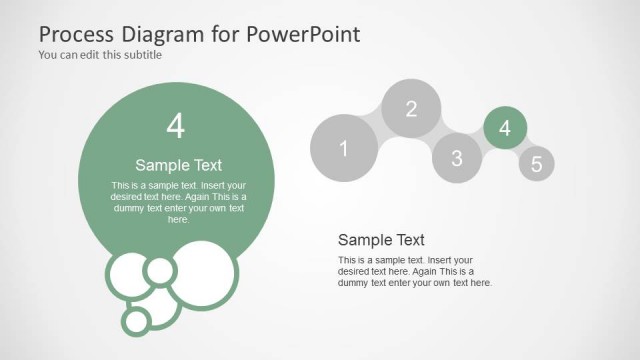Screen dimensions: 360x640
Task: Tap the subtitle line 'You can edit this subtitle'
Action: (x=100, y=55)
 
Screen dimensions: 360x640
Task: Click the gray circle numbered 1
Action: (x=343, y=149)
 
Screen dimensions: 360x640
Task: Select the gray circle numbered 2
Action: (x=411, y=109)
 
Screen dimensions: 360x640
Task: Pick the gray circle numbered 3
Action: (x=457, y=157)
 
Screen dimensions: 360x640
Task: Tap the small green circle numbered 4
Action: (x=505, y=128)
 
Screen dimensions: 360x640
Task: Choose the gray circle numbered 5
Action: (x=537, y=164)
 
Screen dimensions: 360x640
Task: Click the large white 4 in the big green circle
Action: (x=176, y=127)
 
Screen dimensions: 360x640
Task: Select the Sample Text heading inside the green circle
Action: (x=178, y=165)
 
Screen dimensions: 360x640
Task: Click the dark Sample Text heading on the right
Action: (x=381, y=240)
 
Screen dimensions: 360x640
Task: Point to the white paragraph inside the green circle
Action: (x=178, y=202)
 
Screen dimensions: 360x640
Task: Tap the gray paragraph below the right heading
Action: (x=414, y=271)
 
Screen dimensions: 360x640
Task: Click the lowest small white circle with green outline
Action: (x=136, y=321)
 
